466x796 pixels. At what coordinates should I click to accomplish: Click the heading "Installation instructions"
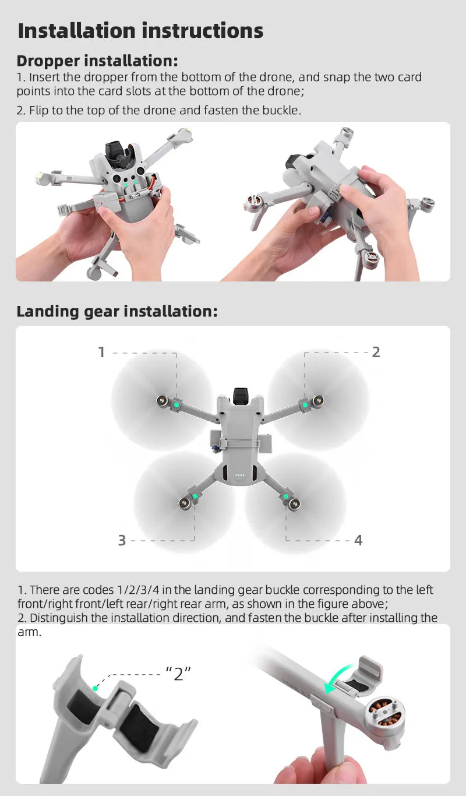[x=140, y=31]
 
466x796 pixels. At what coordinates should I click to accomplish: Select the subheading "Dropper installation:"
[x=97, y=61]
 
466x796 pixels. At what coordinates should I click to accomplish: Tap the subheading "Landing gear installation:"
[x=117, y=312]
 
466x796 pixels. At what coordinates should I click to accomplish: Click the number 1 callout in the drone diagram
[x=101, y=352]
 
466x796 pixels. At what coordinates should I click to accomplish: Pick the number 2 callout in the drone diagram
[x=376, y=352]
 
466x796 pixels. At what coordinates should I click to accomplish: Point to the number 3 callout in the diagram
[x=122, y=541]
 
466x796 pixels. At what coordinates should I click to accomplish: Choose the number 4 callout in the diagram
[x=358, y=541]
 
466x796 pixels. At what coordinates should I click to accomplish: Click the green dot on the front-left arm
[x=175, y=403]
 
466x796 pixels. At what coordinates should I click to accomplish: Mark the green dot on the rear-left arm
[x=196, y=496]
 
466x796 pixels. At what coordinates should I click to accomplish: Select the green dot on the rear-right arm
[x=285, y=496]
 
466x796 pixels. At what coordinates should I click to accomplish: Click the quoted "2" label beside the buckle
[x=178, y=674]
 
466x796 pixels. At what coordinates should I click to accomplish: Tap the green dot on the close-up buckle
[x=96, y=688]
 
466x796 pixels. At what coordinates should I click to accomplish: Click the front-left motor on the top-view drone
[x=162, y=401]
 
